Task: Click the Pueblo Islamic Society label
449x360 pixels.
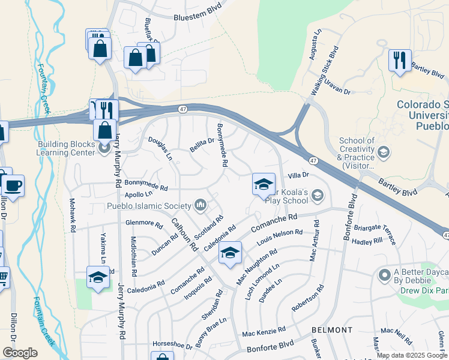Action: click(x=149, y=206)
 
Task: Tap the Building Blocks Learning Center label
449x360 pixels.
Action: click(x=66, y=148)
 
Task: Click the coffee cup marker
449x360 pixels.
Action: click(x=12, y=185)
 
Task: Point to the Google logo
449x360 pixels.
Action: click(x=20, y=353)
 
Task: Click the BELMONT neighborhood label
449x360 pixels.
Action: click(x=332, y=330)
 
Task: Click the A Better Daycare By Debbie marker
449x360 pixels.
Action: click(x=385, y=275)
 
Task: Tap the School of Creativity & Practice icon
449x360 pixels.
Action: click(x=383, y=153)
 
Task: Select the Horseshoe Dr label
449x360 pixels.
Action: click(x=172, y=346)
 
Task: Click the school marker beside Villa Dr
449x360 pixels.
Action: click(x=264, y=185)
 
